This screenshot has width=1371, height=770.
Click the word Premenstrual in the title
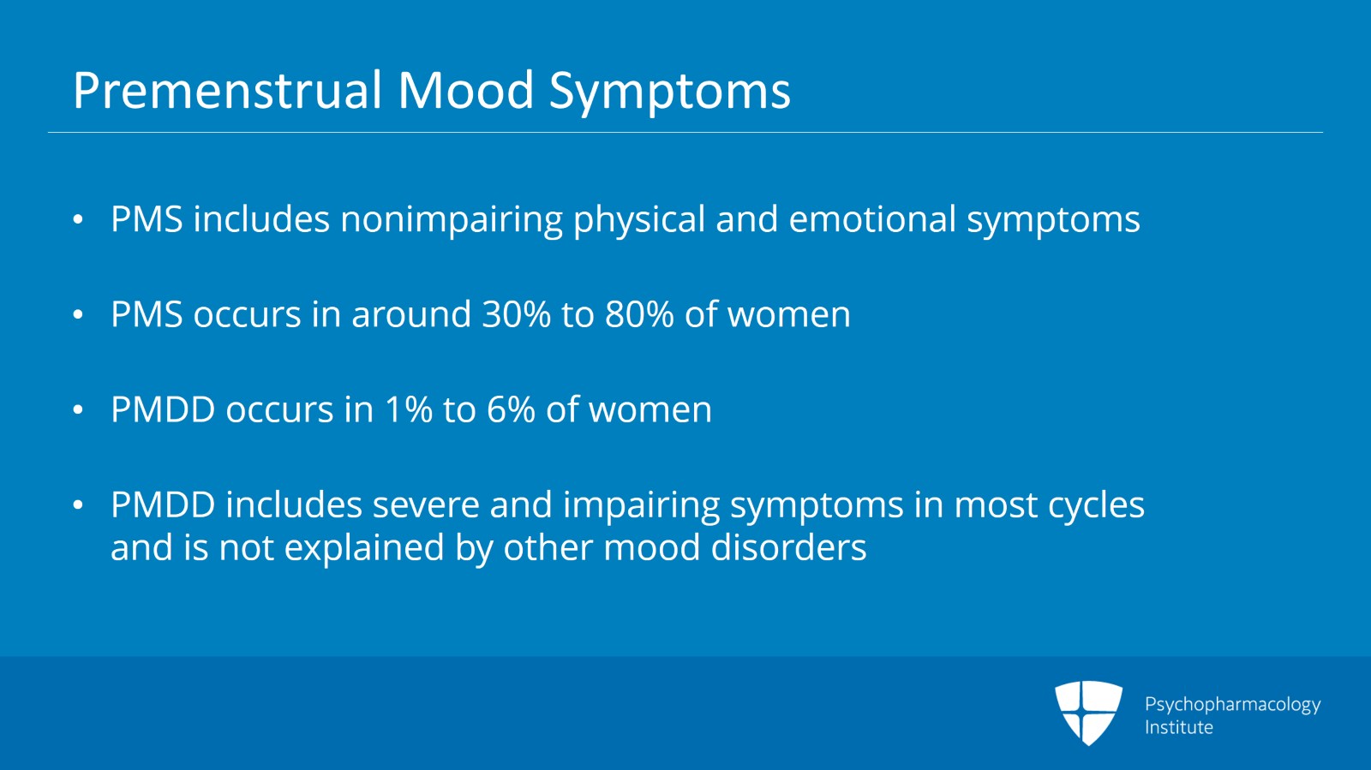click(x=227, y=91)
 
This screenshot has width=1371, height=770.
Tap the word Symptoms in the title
click(x=669, y=91)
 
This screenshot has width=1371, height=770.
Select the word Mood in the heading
click(x=465, y=91)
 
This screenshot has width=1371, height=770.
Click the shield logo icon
click(x=1088, y=712)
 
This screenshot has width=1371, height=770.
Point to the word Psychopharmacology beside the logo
click(x=1232, y=704)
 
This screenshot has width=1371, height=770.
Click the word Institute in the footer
click(x=1178, y=727)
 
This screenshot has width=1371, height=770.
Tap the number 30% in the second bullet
click(x=516, y=314)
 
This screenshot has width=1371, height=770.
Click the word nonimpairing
click(x=452, y=220)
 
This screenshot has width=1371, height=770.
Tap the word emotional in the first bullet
click(x=871, y=219)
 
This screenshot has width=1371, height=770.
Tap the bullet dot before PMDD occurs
click(x=78, y=410)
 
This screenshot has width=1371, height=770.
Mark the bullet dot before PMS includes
click(x=78, y=220)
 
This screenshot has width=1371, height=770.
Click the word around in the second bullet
click(x=411, y=314)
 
